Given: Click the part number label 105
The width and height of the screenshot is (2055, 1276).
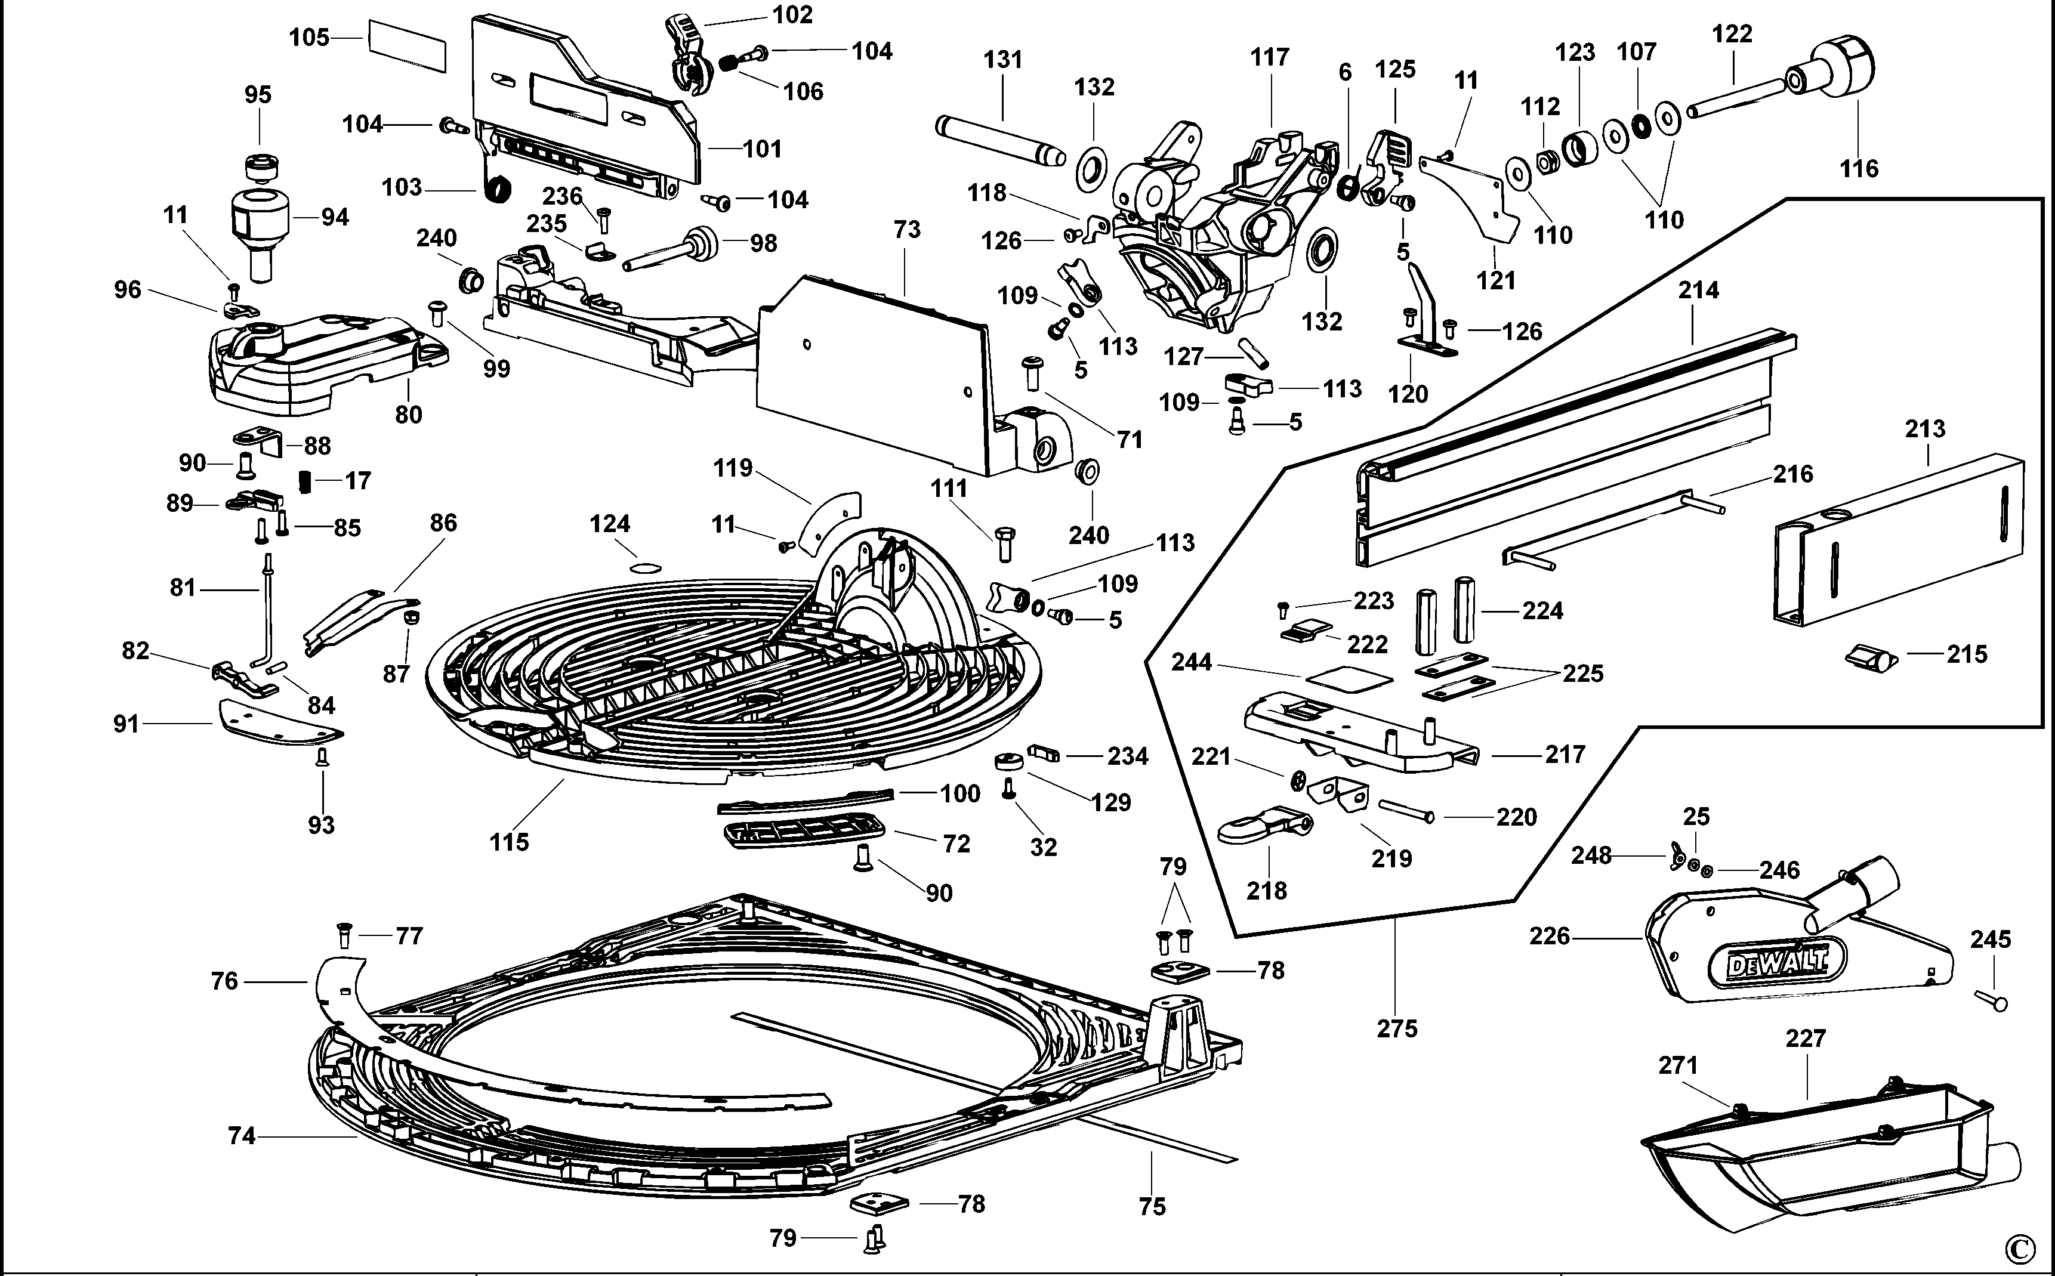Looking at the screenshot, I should click(x=309, y=38).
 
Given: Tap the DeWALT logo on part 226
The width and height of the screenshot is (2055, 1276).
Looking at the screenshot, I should click(x=1776, y=963).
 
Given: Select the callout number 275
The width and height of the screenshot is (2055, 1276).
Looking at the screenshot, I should click(x=1397, y=1028).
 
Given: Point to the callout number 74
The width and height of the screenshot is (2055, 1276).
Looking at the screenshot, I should click(x=242, y=1136).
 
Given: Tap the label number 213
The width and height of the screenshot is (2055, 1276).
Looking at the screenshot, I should click(x=1925, y=429).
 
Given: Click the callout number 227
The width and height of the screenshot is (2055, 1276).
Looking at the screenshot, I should click(x=1805, y=1038).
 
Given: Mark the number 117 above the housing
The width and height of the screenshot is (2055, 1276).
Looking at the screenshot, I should click(x=1269, y=57).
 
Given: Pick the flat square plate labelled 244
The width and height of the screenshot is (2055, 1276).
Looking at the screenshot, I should click(x=1348, y=678).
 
